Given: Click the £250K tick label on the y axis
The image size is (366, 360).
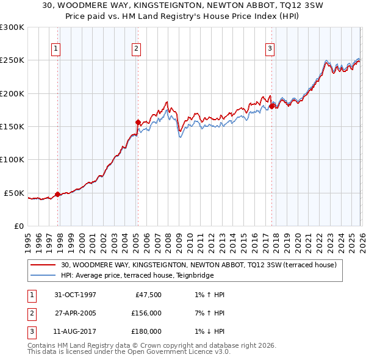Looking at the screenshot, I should coord(12,60).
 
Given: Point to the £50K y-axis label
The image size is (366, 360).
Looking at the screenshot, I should coord(14,193).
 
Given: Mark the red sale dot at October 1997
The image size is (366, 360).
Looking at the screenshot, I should coord(58,195).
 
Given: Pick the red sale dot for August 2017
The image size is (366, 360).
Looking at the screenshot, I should coord(271,107).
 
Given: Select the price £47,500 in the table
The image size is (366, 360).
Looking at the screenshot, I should coord(146,295).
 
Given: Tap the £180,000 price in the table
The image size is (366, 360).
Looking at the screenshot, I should coord(146,331).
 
